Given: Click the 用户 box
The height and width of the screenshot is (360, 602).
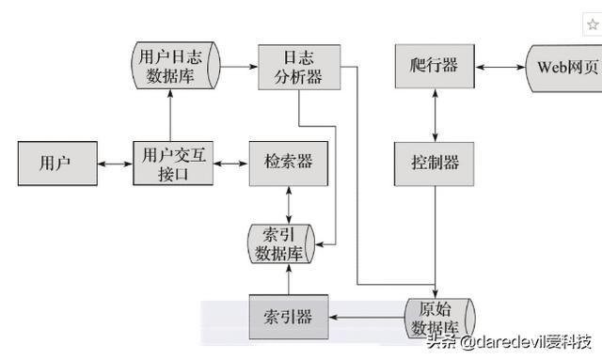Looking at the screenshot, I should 55,163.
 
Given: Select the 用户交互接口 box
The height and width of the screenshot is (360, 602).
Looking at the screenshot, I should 170,163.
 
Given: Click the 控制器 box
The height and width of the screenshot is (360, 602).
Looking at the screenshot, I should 434,163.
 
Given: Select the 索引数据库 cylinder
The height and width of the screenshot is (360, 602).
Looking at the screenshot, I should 279,244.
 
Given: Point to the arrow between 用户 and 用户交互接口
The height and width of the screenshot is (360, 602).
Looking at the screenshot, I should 114,164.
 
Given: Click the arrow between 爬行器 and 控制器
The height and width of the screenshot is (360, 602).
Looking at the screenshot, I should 434,114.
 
